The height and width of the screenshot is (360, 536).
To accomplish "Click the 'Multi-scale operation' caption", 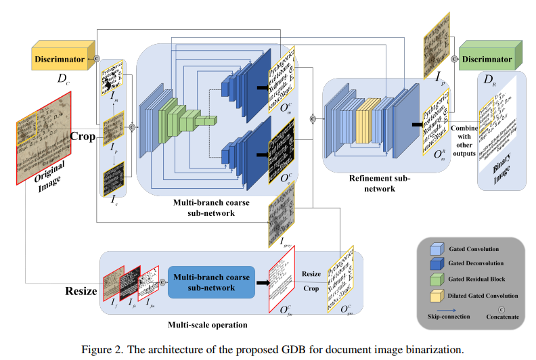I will (x=208, y=325).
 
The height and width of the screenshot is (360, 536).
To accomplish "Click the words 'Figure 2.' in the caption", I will (x=100, y=350).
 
